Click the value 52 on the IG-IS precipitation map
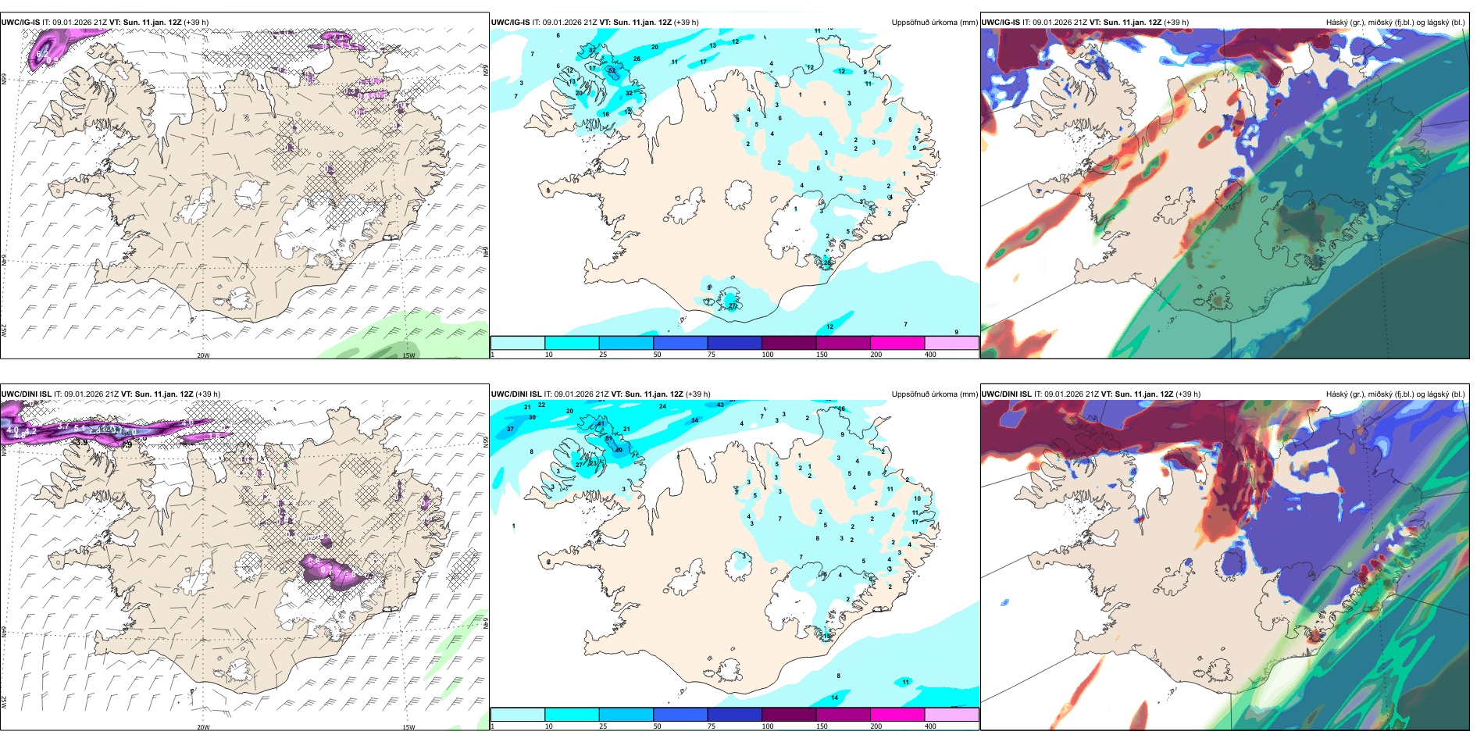coord(612,71)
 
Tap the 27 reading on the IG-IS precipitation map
coord(733,306)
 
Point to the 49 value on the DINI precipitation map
coord(619,450)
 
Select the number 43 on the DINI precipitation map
coord(720,405)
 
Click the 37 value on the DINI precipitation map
coord(511,429)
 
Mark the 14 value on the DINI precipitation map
coord(835,697)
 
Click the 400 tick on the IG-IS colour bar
coord(930,355)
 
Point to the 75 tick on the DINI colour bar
coord(712,726)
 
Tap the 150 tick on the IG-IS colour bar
coord(822,355)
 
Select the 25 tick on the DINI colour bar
coord(603,726)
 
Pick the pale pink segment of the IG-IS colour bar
coord(951,343)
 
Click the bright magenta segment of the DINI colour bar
coord(897,715)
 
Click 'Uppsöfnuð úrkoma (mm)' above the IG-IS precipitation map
coord(934,23)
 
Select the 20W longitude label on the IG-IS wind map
coord(203,355)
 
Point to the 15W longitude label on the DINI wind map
coord(408,727)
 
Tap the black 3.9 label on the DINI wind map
coord(80,442)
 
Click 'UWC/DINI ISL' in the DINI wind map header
coord(26,394)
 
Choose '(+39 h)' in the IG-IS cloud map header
coord(1176,23)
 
